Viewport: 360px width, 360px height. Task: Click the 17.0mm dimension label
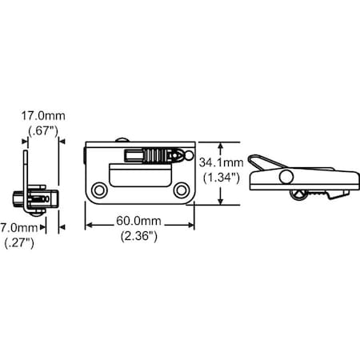43,116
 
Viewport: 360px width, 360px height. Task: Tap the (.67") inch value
43,131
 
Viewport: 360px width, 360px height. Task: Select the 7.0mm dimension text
19,228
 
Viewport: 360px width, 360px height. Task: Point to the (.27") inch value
19,243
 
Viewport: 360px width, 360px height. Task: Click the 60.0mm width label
138,221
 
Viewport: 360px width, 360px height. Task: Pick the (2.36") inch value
138,236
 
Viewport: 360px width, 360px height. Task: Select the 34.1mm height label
222,162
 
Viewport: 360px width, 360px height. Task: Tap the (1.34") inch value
222,178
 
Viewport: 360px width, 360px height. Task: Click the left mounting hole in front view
99,190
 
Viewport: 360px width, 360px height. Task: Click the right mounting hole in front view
182,190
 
